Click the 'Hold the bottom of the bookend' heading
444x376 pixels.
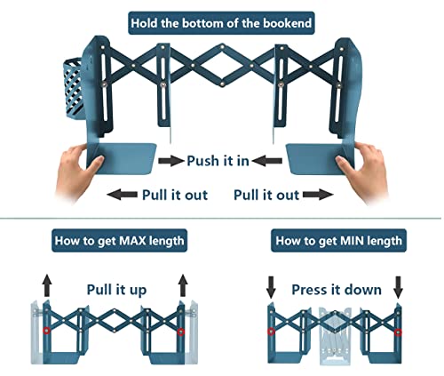(221, 23)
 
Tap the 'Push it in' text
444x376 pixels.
(218, 161)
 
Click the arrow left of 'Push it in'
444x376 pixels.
(170, 161)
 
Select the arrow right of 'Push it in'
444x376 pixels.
(267, 161)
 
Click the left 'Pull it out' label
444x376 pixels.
(175, 195)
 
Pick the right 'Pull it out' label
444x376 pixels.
(266, 195)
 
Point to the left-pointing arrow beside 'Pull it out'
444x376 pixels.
(122, 195)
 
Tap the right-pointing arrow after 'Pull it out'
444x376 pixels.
(318, 195)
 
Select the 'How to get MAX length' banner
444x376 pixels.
(119, 241)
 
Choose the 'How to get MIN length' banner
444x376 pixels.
(338, 241)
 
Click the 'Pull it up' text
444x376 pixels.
(116, 290)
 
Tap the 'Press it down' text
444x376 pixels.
(337, 290)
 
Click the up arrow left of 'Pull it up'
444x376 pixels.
(47, 285)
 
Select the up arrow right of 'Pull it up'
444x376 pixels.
(183, 285)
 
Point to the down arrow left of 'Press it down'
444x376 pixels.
(271, 287)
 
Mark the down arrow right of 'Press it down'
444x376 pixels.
(399, 287)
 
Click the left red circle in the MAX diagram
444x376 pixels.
(46, 331)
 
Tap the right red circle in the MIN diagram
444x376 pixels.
(399, 332)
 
